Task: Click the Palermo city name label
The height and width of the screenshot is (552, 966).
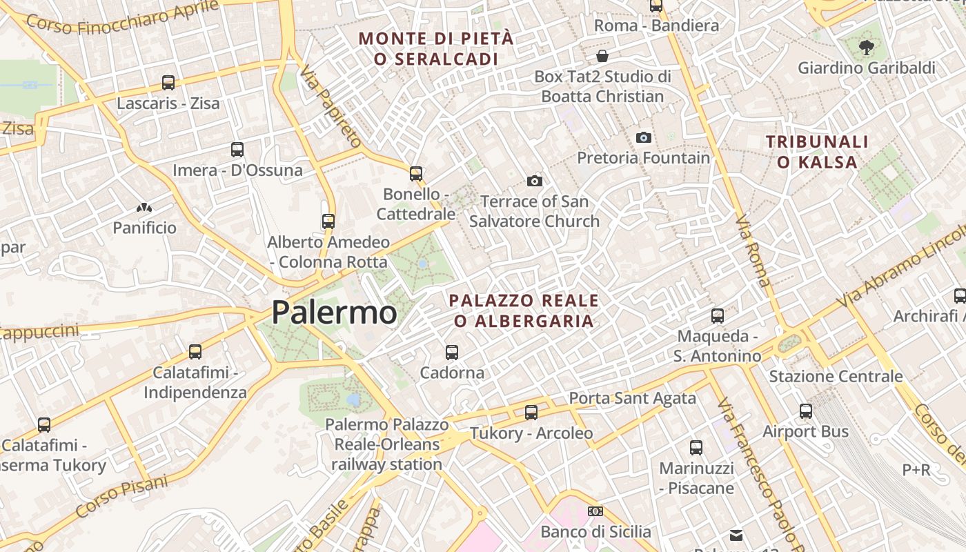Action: click(334, 313)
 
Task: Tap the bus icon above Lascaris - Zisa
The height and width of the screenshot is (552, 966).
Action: click(168, 83)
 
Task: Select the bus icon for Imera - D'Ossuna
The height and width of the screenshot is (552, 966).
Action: click(237, 149)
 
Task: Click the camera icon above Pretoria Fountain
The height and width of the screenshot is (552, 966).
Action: click(643, 137)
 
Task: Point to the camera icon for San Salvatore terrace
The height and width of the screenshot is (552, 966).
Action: click(534, 181)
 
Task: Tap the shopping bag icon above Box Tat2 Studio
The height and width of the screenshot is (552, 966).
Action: click(602, 56)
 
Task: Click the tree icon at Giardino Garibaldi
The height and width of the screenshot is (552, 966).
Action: click(866, 48)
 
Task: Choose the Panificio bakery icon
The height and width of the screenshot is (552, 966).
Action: click(144, 207)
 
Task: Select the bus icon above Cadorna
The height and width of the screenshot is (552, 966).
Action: click(452, 352)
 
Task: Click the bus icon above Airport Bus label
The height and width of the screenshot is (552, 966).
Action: click(805, 411)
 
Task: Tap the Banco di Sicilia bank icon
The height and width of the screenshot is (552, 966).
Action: click(595, 511)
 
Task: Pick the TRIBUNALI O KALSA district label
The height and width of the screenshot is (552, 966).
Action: click(817, 152)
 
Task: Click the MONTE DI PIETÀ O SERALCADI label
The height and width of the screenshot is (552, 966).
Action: click(436, 48)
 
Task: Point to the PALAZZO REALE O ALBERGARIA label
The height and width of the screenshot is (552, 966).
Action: click(524, 310)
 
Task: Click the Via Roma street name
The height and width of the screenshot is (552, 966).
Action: click(753, 252)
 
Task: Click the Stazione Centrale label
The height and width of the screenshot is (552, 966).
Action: click(836, 376)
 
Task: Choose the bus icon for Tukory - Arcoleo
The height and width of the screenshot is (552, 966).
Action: click(531, 413)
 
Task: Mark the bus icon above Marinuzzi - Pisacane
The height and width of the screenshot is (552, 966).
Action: click(696, 447)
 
